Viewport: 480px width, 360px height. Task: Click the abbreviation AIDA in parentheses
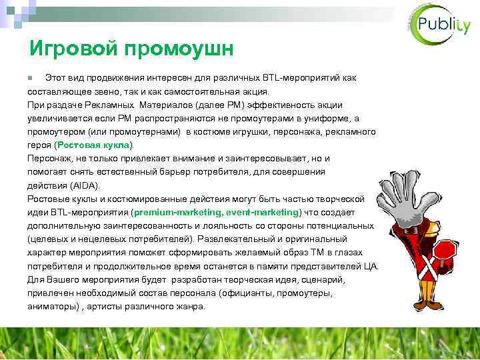coord(85,185)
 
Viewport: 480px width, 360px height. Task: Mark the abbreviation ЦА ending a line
coord(371,266)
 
